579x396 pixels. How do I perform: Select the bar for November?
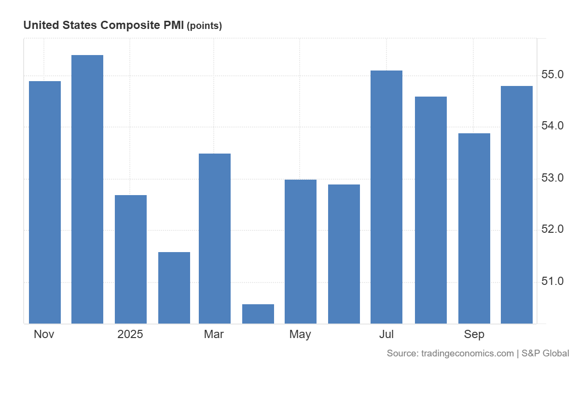point(45,202)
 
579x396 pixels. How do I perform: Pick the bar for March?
point(215,239)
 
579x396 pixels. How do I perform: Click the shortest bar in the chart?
point(258,314)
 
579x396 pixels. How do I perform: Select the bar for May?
point(301,252)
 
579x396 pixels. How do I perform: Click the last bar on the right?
point(517,205)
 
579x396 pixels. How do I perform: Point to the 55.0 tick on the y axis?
point(552,75)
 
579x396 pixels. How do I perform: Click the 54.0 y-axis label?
point(552,126)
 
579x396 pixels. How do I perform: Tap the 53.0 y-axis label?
point(552,178)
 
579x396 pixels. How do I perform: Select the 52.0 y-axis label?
point(552,229)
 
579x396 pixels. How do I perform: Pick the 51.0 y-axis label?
point(552,281)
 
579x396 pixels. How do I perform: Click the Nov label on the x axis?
point(44,334)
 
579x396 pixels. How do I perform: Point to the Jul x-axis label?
point(386,334)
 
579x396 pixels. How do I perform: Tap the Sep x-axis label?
point(474,334)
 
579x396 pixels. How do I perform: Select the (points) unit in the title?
point(204,26)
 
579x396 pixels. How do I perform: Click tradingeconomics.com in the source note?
point(467,354)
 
